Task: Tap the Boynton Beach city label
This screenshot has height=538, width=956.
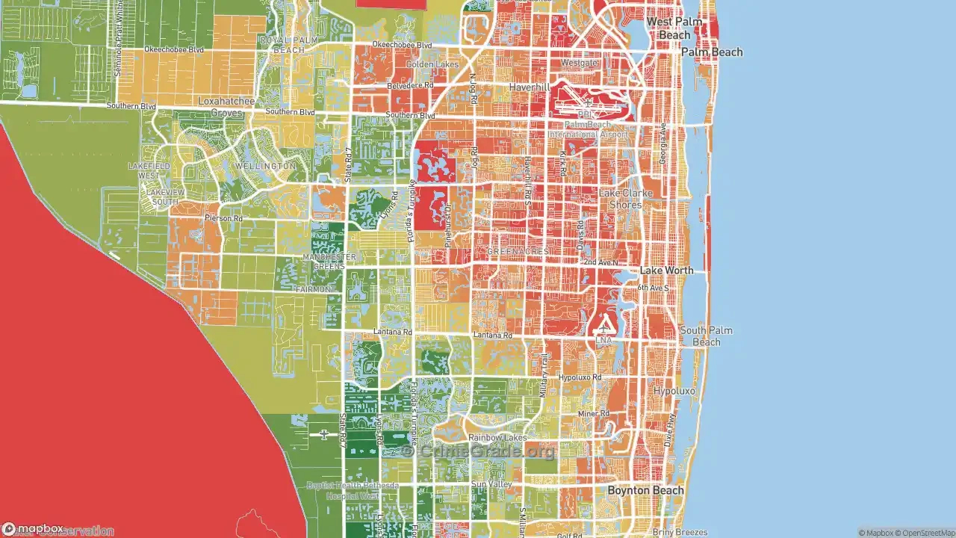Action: pyautogui.click(x=645, y=490)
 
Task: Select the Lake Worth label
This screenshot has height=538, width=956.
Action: pyautogui.click(x=666, y=270)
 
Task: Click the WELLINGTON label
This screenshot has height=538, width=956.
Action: pyautogui.click(x=265, y=165)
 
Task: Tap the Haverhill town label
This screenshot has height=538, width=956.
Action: pyautogui.click(x=529, y=87)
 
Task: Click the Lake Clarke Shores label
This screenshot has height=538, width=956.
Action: pyautogui.click(x=625, y=199)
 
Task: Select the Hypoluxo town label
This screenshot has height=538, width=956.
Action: pyautogui.click(x=674, y=391)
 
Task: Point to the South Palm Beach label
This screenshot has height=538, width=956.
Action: pyautogui.click(x=706, y=336)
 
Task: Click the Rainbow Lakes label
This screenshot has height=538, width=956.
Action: pyautogui.click(x=497, y=438)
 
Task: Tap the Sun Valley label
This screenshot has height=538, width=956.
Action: pyautogui.click(x=491, y=485)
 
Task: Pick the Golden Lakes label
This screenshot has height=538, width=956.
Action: pyautogui.click(x=432, y=65)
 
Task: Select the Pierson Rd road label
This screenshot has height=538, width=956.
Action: pyautogui.click(x=223, y=218)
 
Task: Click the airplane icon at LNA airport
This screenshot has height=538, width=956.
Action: pyautogui.click(x=603, y=328)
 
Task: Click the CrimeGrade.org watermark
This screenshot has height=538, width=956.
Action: pyautogui.click(x=478, y=451)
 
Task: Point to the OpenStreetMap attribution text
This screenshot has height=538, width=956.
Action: pyautogui.click(x=926, y=533)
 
